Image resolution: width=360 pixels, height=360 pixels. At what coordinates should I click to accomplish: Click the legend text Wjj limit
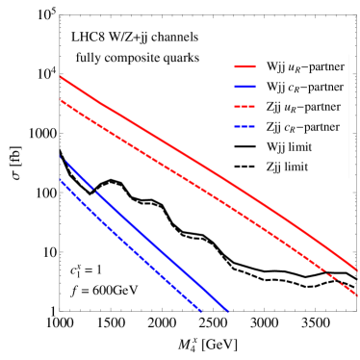[x=289, y=147]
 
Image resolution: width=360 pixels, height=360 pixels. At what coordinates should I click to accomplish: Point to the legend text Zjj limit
[x=288, y=167]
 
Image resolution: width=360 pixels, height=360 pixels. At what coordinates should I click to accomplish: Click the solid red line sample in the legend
[x=244, y=67]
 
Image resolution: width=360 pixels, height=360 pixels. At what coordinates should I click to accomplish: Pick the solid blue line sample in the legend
[x=244, y=88]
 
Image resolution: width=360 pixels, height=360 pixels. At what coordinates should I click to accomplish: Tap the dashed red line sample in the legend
[x=244, y=108]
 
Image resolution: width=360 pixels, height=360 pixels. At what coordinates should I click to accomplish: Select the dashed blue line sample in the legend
[x=244, y=127]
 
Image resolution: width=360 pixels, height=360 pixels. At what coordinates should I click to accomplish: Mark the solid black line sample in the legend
[x=244, y=147]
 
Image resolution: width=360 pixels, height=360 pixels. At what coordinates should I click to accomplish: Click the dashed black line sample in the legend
[x=244, y=167]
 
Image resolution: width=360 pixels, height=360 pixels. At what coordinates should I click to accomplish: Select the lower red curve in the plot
[x=193, y=182]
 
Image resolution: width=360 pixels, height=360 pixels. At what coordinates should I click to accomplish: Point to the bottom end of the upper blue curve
[x=229, y=311]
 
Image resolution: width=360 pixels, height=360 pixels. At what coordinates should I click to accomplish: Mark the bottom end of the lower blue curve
[x=200, y=311]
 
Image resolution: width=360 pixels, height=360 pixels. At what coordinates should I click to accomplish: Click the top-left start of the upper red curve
[x=61, y=76]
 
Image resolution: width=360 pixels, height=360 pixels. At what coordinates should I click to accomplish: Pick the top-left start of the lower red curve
[x=61, y=99]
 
